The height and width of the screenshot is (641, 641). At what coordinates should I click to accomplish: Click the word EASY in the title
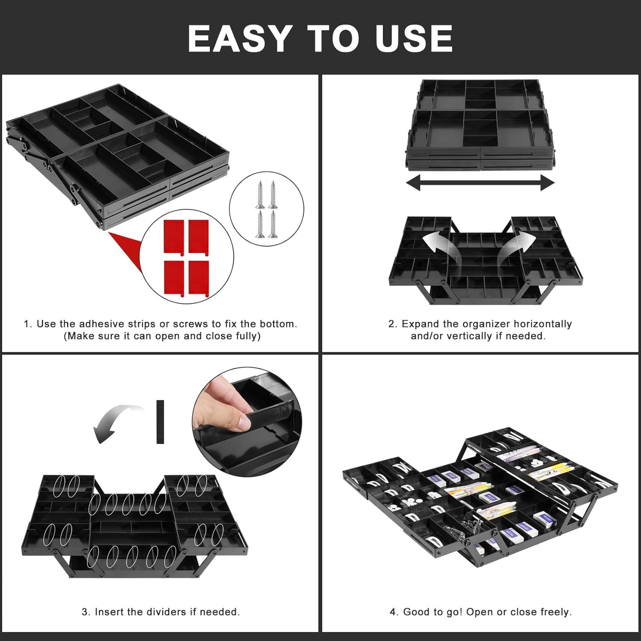tap(240, 38)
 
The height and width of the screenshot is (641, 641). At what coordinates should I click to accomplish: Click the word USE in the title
tap(414, 38)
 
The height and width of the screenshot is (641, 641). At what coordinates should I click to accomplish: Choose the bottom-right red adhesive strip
tap(199, 278)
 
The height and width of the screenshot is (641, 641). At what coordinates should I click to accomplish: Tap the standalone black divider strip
tap(160, 422)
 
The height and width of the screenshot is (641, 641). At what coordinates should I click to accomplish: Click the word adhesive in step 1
tap(107, 324)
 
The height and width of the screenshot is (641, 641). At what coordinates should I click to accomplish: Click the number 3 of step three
tap(85, 612)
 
